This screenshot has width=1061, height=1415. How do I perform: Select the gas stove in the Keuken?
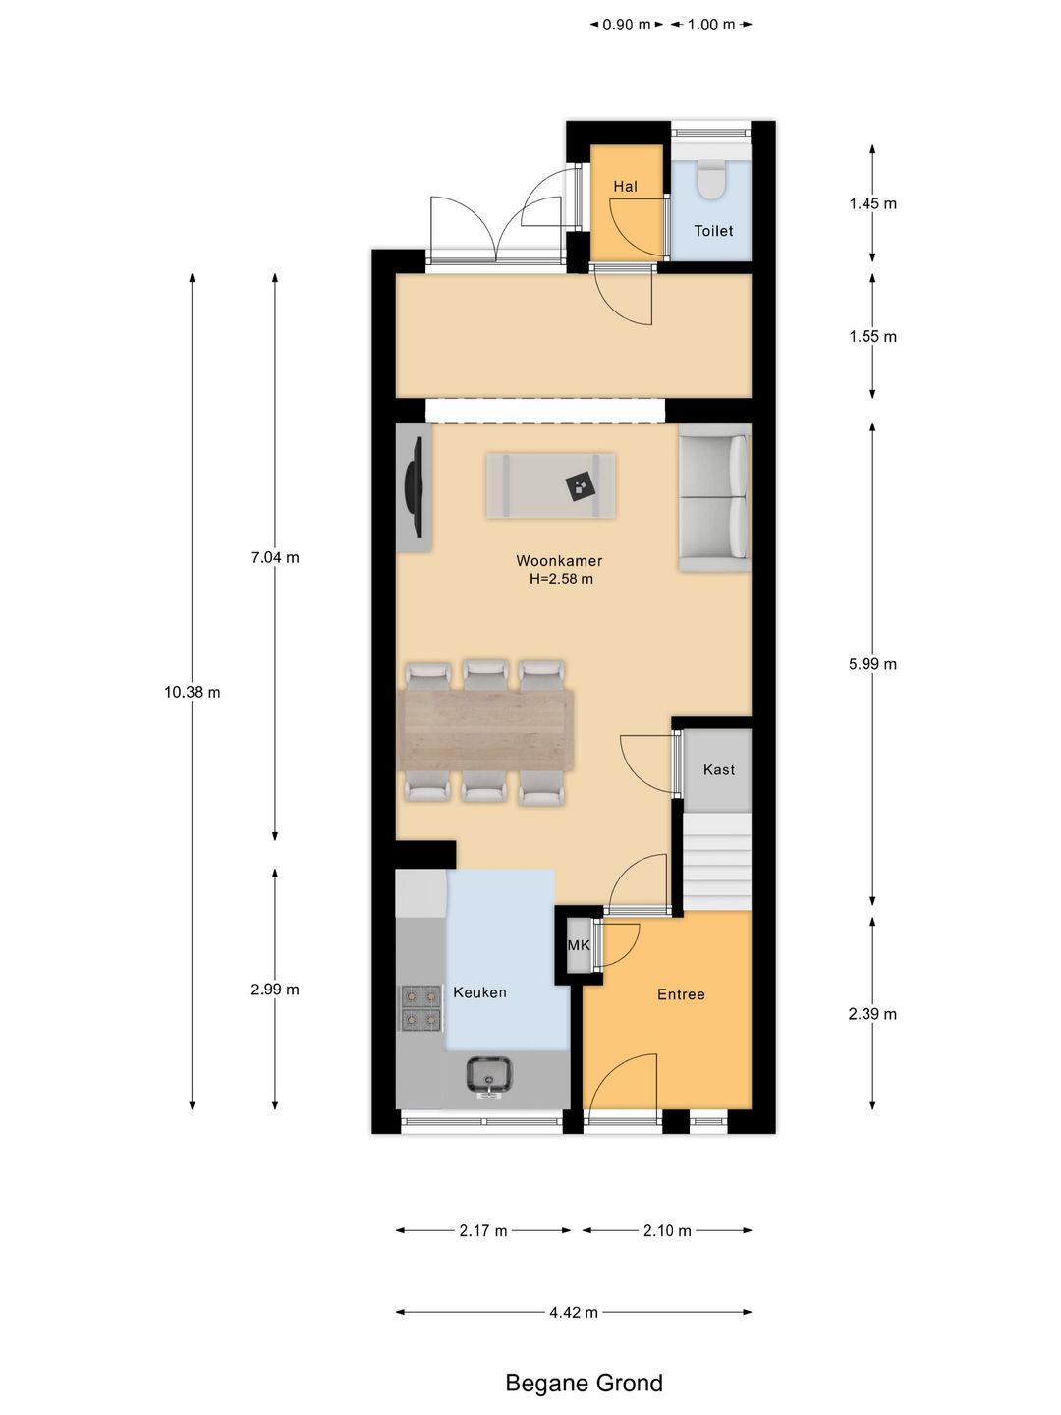click(x=422, y=1007)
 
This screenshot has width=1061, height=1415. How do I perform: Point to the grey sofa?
click(x=714, y=496)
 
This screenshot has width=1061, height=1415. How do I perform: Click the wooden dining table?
click(x=486, y=730)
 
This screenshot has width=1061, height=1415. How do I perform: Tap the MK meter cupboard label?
click(x=579, y=945)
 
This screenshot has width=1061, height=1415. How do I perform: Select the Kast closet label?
click(x=719, y=769)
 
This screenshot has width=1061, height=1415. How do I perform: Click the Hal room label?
click(x=625, y=187)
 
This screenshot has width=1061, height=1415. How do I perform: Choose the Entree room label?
click(x=681, y=994)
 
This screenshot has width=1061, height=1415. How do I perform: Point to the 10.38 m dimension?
click(x=192, y=692)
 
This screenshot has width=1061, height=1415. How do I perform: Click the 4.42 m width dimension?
click(x=574, y=1312)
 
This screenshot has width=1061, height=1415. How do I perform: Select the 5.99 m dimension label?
click(x=872, y=664)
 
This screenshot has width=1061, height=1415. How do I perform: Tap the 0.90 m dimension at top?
click(x=626, y=25)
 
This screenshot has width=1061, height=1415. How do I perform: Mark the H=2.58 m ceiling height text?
click(x=561, y=578)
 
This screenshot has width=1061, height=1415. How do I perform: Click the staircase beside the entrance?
click(x=717, y=861)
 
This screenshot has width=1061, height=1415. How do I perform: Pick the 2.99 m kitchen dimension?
click(x=275, y=989)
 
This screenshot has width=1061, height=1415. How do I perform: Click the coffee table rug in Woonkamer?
click(x=551, y=484)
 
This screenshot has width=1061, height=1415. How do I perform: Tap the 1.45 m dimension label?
click(x=872, y=203)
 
